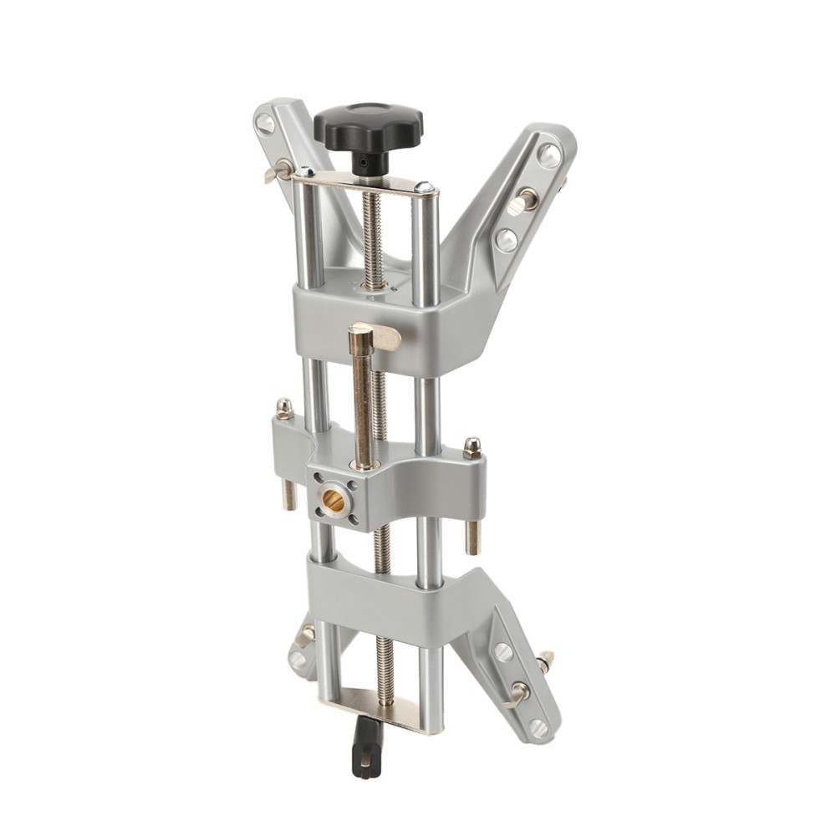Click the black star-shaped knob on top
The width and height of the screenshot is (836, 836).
tap(368, 124)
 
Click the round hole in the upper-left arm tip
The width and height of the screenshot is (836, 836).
tap(266, 123)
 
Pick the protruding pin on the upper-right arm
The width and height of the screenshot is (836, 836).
tap(524, 201)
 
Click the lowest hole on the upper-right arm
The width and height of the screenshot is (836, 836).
tap(505, 239)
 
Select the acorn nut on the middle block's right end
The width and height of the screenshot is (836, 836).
tap(472, 446)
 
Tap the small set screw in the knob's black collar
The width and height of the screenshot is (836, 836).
tap(364, 158)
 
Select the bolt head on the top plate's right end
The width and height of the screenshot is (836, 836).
tap(425, 188)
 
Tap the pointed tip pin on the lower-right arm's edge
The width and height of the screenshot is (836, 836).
tap(548, 661)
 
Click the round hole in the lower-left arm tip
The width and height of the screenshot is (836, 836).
tap(298, 659)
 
